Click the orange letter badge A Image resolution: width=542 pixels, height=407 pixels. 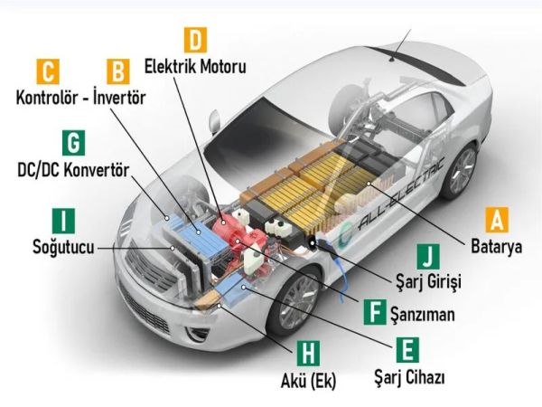click(497, 220)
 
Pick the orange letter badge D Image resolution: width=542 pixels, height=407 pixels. click(195, 40)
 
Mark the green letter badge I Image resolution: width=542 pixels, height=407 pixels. click(63, 220)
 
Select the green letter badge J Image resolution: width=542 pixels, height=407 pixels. click(428, 256)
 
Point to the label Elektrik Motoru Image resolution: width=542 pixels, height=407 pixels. click(195, 66)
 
